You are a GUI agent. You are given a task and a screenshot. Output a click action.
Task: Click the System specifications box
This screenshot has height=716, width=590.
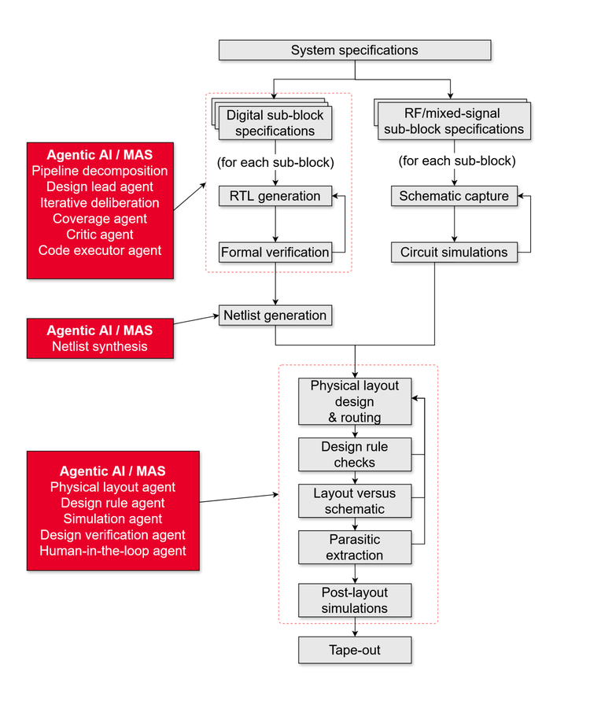tap(355, 50)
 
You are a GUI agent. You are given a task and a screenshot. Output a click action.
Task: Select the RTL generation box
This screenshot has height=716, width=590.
tap(275, 196)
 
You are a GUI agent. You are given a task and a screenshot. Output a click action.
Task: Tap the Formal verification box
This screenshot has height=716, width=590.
tap(275, 253)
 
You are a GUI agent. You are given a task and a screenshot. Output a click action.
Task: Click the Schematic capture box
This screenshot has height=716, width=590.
tap(454, 196)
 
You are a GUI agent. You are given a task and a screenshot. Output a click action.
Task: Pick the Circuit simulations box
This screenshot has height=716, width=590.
tap(454, 253)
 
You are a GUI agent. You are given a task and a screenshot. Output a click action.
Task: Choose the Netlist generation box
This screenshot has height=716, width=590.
tap(275, 316)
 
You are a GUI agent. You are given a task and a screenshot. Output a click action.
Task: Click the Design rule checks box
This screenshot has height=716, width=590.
tap(355, 455)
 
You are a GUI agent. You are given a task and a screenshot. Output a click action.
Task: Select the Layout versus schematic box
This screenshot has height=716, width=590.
tap(355, 501)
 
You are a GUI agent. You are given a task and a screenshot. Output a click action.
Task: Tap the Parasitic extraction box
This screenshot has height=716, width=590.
tap(355, 548)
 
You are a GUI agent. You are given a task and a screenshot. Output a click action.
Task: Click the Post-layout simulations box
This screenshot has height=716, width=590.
tap(355, 600)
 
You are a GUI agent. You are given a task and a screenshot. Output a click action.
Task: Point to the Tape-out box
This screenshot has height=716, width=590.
tap(355, 651)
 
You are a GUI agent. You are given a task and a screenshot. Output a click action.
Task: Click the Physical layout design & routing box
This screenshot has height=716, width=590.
tap(355, 401)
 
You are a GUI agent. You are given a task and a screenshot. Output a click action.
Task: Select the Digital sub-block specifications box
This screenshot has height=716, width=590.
tap(275, 124)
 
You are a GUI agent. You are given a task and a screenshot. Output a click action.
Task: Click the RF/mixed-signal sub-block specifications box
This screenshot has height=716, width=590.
tap(454, 121)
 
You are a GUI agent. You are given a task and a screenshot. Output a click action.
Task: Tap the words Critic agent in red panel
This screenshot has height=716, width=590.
tap(100, 234)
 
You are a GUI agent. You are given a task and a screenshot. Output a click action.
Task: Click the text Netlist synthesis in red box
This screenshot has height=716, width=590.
tap(100, 346)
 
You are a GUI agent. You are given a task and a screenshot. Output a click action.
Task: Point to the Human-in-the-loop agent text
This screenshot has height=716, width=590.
tap(112, 551)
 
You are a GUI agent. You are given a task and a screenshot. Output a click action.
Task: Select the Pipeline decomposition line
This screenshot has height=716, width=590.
tap(100, 171)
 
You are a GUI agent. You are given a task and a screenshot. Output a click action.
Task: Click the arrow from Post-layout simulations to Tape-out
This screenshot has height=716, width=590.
tap(355, 628)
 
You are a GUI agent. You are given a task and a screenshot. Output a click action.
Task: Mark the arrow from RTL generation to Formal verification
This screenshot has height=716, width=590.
tap(275, 223)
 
